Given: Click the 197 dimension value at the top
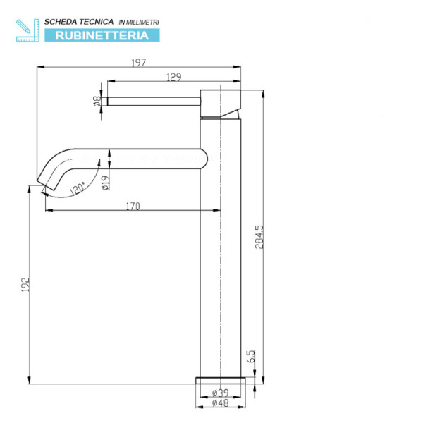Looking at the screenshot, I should (x=138, y=63).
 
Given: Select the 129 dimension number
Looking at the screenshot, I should (x=154, y=77).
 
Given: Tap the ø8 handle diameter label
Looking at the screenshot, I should (x=96, y=101).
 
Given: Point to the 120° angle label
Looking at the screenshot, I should (x=77, y=188).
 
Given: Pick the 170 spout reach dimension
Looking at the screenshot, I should (x=133, y=207).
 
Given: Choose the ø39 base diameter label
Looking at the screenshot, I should (x=220, y=393).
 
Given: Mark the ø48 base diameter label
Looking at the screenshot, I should (x=220, y=403).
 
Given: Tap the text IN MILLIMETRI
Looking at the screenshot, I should (x=139, y=23).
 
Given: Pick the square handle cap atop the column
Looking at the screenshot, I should (x=221, y=102).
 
